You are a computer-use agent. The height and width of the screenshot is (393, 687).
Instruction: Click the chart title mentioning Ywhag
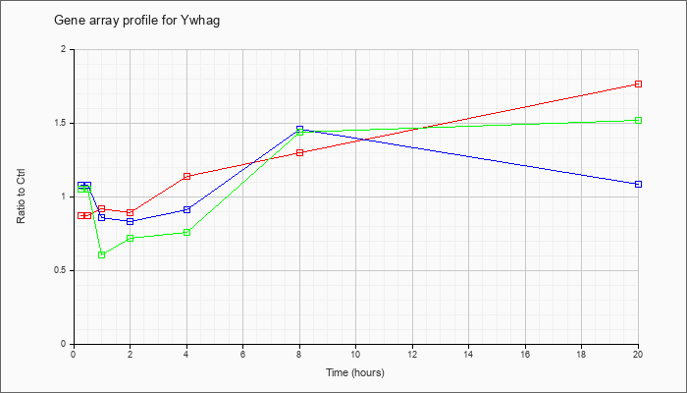coord(136,21)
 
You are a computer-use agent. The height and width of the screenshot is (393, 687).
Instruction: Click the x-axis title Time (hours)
coord(355,372)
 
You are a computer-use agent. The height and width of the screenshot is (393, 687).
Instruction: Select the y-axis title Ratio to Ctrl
coord(21,196)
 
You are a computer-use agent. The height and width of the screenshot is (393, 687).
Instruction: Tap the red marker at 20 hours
coord(638,84)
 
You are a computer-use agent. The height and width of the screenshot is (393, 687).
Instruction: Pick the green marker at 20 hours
coord(638,120)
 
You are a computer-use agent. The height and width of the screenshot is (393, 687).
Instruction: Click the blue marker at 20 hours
coord(638,185)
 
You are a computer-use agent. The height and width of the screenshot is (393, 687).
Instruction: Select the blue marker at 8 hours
coord(299,130)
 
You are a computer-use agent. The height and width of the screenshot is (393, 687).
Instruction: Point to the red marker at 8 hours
coord(299,152)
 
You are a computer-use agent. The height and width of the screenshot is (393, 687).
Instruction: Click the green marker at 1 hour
coord(102,254)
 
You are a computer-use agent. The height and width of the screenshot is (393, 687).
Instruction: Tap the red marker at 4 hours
coord(186,176)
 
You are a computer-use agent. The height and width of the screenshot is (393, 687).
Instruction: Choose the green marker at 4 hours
coord(186,233)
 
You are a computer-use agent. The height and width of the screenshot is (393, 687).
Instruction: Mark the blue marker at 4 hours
coord(186,209)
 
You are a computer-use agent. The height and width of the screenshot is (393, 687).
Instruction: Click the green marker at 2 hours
coord(131,238)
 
